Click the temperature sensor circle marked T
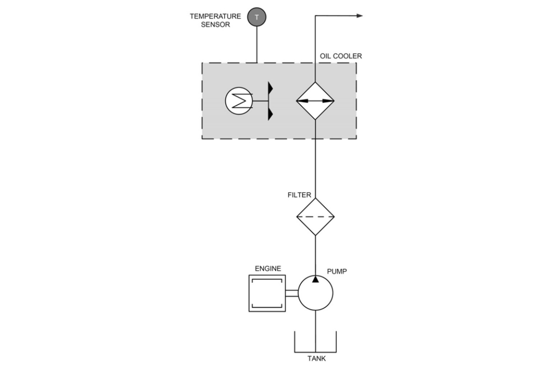pos(257,17)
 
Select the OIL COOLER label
pos(341,56)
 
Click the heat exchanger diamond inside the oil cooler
pos(315,101)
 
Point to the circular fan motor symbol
pos(238,101)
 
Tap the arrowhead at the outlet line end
pos(358,16)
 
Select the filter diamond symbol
pos(315,216)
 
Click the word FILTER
pos(299,195)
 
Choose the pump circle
pos(315,293)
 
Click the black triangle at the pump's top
pos(315,279)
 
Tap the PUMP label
pos(337,272)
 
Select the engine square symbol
pos(267,293)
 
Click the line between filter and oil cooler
pos(315,166)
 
